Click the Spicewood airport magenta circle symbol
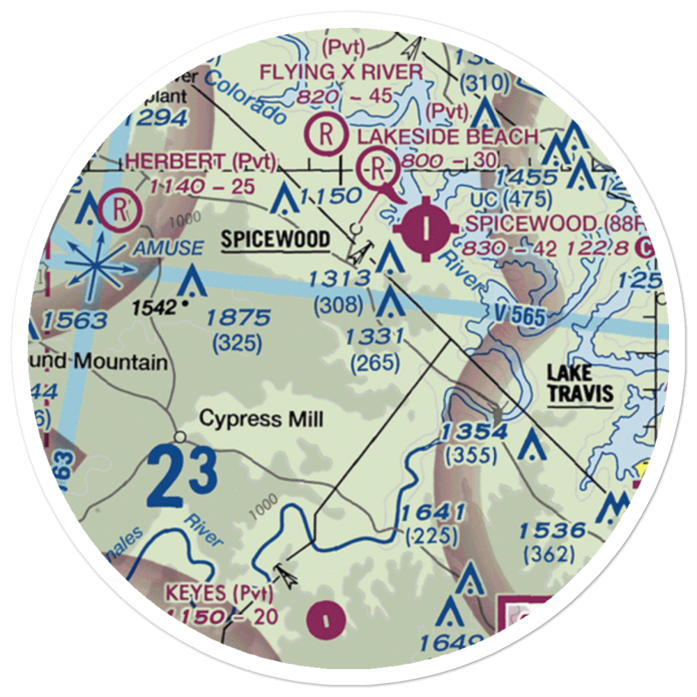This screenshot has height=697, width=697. click(x=427, y=227)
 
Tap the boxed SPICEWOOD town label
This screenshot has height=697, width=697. click(x=275, y=240)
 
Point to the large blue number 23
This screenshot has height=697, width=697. click(x=183, y=478)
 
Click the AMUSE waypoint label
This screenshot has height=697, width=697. click(x=170, y=247)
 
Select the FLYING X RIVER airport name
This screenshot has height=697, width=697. click(x=341, y=71)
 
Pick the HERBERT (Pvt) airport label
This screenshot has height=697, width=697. click(x=201, y=162)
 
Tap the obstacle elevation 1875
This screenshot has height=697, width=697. click(x=238, y=318)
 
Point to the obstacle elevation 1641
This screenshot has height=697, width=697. click(x=432, y=514)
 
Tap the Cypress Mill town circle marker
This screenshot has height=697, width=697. click(x=181, y=437)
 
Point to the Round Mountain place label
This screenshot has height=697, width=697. click(x=105, y=362)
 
